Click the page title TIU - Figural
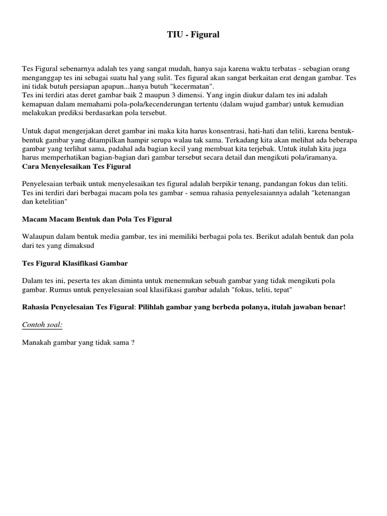point(193,35)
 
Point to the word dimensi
point(179,95)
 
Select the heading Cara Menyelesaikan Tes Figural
point(77,166)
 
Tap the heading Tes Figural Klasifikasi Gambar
point(75,263)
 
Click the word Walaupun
point(38,237)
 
